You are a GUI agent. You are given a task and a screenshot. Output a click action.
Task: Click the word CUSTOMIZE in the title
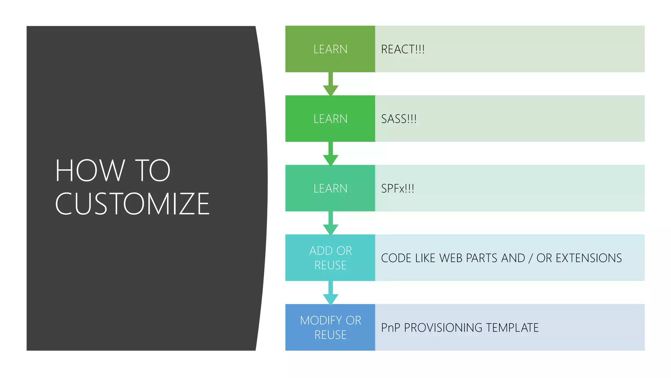pos(132,204)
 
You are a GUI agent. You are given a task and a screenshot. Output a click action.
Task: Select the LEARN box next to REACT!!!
pos(330,49)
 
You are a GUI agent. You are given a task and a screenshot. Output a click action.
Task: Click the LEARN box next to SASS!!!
pos(330,119)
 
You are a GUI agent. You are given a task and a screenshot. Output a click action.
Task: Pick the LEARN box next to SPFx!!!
pos(330,188)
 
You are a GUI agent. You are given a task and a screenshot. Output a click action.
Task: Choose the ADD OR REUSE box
pos(330,258)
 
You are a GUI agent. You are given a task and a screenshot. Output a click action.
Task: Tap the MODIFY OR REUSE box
pos(330,327)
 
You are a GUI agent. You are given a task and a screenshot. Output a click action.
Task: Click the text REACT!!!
pos(403,50)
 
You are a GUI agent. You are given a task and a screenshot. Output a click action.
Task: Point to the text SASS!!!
pos(399,119)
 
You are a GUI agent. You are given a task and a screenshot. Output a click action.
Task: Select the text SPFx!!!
pos(397,189)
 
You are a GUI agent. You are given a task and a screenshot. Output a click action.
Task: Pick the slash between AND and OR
pos(530,258)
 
